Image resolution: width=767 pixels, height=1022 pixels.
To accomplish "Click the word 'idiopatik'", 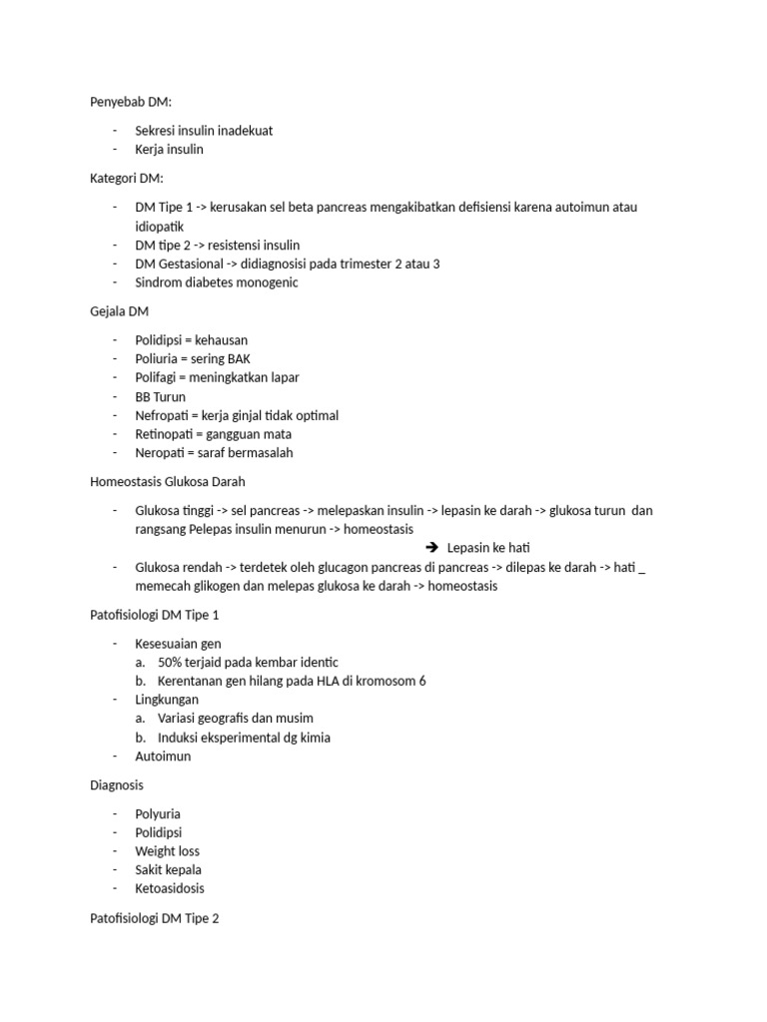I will point(160,226).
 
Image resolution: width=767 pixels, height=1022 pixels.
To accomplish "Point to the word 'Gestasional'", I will point(196,263).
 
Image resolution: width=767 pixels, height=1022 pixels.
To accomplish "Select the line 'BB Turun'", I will point(160,396).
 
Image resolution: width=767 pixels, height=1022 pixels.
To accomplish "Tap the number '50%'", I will point(171,662).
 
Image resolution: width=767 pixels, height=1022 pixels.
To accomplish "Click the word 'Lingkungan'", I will point(167,700).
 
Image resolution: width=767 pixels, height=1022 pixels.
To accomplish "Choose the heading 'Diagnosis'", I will point(116,785).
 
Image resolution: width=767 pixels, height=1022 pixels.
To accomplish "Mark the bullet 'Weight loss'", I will point(167,851).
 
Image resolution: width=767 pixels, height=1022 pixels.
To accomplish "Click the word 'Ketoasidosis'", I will point(170,888).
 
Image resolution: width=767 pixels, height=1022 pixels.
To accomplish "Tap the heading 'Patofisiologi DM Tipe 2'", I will point(154,918).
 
